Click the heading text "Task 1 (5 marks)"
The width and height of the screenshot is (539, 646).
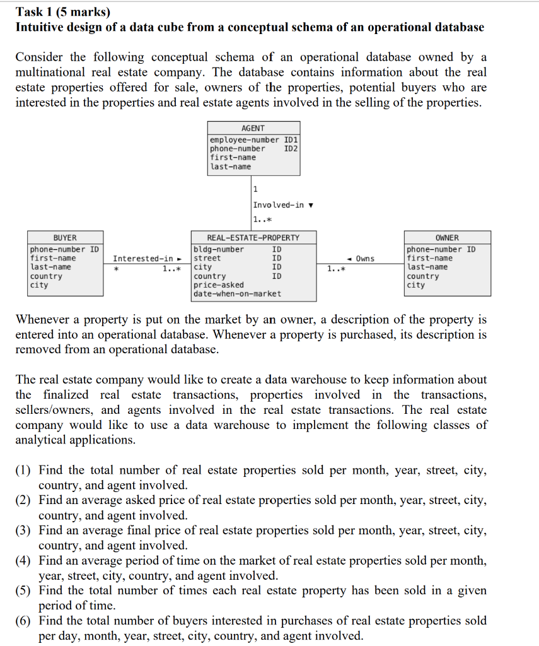click(62, 11)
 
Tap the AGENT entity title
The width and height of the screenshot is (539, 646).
click(253, 128)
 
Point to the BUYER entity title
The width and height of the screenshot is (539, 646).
click(65, 238)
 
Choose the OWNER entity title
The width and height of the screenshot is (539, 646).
click(447, 238)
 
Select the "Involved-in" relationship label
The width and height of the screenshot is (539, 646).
click(278, 204)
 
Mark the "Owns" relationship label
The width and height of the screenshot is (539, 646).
click(364, 258)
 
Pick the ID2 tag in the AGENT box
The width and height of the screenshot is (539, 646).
click(291, 148)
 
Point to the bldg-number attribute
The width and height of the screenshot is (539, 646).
click(219, 249)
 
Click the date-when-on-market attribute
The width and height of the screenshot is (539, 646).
click(237, 293)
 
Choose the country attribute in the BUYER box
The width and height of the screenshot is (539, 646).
click(47, 276)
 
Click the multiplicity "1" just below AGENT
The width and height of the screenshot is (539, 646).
click(255, 189)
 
